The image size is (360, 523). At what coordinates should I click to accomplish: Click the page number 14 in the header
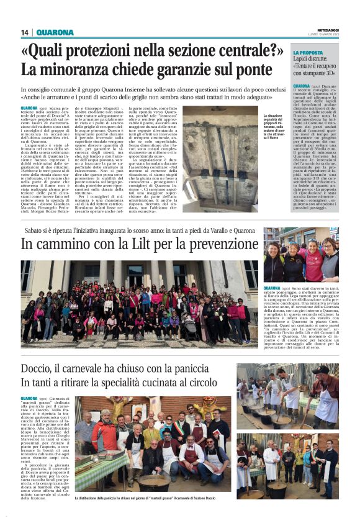pos(25,32)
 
